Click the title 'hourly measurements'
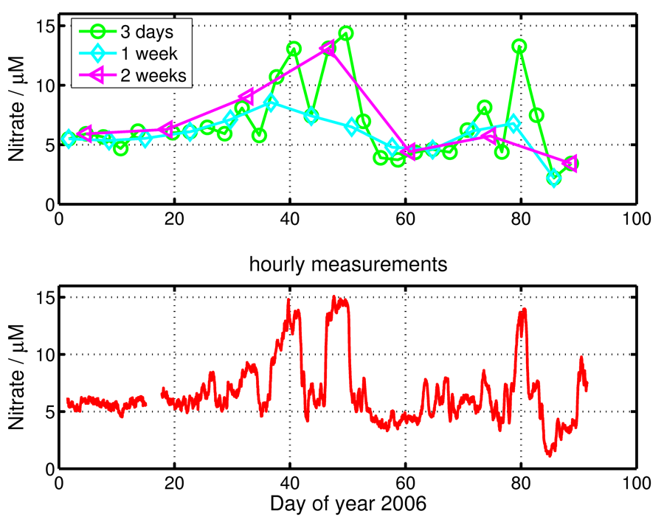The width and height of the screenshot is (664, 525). tap(347, 265)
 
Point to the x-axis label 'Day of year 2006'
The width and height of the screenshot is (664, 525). tap(347, 505)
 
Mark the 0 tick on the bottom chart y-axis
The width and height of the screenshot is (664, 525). tap(49, 468)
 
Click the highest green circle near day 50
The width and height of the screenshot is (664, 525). tap(345, 33)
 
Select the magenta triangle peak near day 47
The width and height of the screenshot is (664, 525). tap(328, 49)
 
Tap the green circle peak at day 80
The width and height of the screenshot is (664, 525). tap(519, 46)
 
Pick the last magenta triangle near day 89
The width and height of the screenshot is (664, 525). tap(570, 163)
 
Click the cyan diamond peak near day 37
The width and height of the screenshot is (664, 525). tap(271, 103)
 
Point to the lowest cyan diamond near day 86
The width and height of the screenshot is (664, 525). tap(554, 178)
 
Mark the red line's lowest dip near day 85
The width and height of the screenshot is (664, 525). tap(549, 454)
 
